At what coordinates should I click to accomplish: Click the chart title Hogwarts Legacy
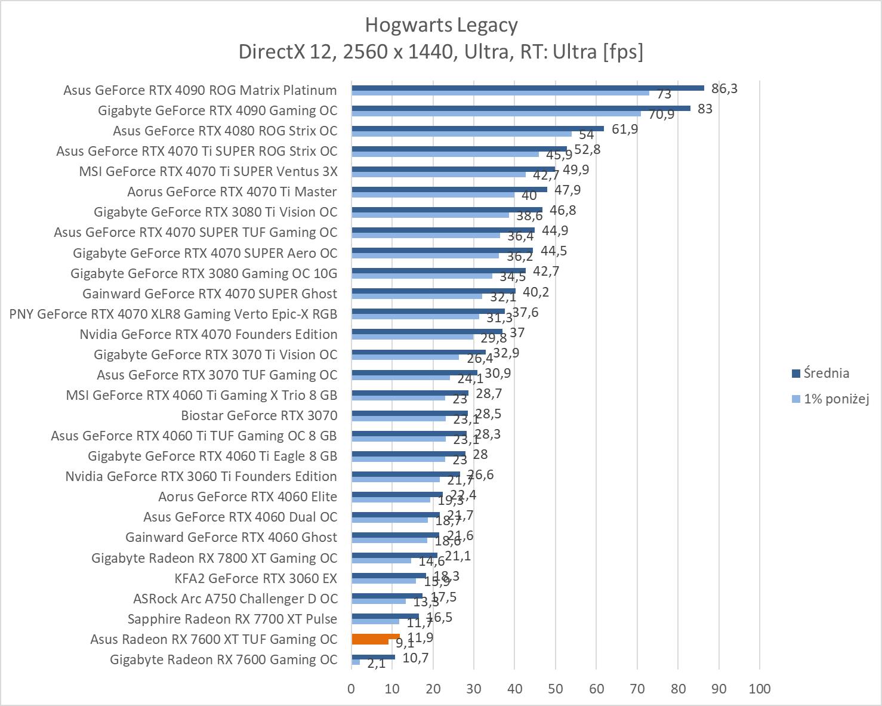pyautogui.click(x=441, y=25)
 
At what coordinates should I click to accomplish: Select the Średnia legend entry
pyautogui.click(x=826, y=374)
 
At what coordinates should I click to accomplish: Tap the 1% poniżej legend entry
pyautogui.click(x=835, y=399)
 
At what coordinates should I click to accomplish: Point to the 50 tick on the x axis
pyautogui.click(x=556, y=689)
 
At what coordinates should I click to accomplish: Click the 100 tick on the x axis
pyautogui.click(x=759, y=689)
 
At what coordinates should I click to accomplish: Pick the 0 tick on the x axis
pyautogui.click(x=351, y=689)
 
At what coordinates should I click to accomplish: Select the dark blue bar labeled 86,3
pyautogui.click(x=528, y=88)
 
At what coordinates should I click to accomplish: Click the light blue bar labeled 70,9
pyautogui.click(x=496, y=113)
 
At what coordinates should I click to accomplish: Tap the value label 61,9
pyautogui.click(x=625, y=129)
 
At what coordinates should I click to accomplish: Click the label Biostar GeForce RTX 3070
pyautogui.click(x=259, y=415)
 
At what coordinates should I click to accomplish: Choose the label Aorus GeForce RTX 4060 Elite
pyautogui.click(x=248, y=497)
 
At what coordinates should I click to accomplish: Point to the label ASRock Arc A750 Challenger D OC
pyautogui.click(x=235, y=599)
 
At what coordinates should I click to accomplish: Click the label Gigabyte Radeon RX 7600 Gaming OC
pyautogui.click(x=224, y=659)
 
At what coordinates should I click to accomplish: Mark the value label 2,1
pyautogui.click(x=377, y=664)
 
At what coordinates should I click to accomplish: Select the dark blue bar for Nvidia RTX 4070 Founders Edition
pyautogui.click(x=427, y=332)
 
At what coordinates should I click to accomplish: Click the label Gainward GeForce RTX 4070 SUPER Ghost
pyautogui.click(x=209, y=294)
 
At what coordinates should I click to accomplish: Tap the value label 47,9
pyautogui.click(x=568, y=190)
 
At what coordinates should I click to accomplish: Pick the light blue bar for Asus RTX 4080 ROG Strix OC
pyautogui.click(x=461, y=134)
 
